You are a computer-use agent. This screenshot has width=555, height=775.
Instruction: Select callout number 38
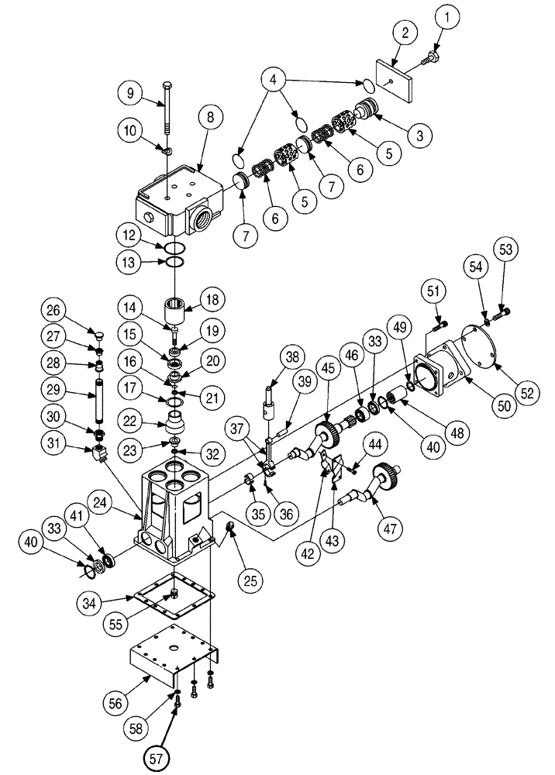(x=291, y=358)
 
